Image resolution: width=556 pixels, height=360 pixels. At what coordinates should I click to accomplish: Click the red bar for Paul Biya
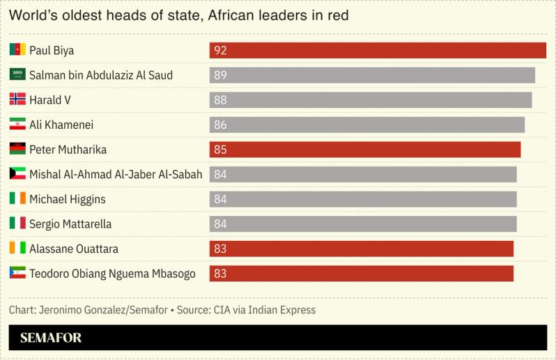(x=378, y=50)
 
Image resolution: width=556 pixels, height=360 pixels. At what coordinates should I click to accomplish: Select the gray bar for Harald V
(x=371, y=100)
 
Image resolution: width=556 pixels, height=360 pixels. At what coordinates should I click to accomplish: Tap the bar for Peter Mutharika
(x=365, y=150)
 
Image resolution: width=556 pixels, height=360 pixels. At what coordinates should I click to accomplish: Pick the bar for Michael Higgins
(x=363, y=199)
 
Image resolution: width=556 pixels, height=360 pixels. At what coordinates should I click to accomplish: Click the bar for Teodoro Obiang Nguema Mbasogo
(x=361, y=274)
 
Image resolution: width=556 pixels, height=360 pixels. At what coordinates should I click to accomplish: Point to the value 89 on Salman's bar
(x=220, y=75)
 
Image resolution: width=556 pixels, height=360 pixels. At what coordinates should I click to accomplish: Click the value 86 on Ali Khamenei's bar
(x=220, y=125)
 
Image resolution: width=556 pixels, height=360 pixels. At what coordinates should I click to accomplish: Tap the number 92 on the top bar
(x=220, y=50)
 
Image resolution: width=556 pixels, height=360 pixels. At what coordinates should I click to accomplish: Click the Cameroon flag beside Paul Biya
(x=17, y=49)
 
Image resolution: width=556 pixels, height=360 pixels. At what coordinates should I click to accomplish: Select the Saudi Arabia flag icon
(x=17, y=75)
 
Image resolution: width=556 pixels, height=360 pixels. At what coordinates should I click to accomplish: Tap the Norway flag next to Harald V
(x=17, y=100)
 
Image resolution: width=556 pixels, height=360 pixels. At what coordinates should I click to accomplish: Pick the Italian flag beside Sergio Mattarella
(x=17, y=224)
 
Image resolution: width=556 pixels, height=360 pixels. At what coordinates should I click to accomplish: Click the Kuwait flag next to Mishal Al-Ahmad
(x=17, y=174)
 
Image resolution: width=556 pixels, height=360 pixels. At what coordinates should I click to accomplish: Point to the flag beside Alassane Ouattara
(x=17, y=249)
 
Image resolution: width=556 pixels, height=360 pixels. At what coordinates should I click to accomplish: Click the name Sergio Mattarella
(x=70, y=224)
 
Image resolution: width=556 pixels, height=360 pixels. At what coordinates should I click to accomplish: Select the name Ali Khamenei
(x=61, y=125)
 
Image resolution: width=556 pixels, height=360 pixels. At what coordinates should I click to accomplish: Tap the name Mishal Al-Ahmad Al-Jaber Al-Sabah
(x=116, y=175)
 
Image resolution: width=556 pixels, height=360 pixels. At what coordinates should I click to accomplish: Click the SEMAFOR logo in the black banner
(x=51, y=338)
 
